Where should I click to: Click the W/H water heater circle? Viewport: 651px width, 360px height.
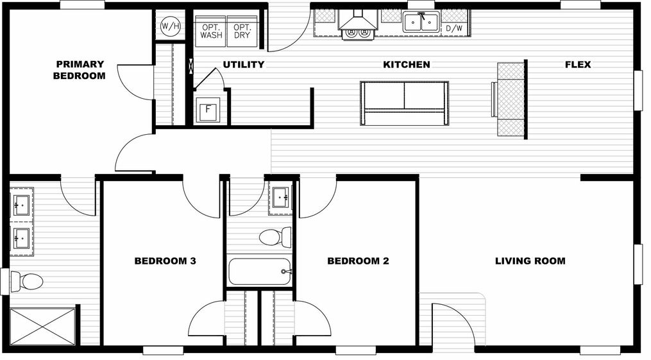[x=170, y=26]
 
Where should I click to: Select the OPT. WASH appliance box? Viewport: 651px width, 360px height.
[x=211, y=31]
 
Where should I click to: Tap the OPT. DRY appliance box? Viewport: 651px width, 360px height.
[x=242, y=31]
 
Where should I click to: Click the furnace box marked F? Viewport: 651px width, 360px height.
[x=208, y=110]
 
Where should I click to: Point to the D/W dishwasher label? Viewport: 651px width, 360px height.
[x=453, y=29]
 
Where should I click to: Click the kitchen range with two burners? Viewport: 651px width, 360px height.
[x=358, y=33]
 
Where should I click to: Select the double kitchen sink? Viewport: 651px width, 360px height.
[x=421, y=23]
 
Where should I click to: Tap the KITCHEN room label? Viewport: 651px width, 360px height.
[x=406, y=65]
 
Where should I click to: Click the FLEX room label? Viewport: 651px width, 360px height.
[x=577, y=65]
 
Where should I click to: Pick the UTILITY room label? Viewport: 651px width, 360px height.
[x=243, y=65]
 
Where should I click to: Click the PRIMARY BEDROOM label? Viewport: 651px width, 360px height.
[x=80, y=70]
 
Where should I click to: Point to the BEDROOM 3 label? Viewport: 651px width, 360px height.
[x=165, y=261]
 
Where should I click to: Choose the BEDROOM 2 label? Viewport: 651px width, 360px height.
[x=358, y=261]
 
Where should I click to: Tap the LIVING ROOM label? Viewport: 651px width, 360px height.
[x=530, y=261]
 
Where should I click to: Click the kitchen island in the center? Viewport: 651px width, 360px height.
[x=404, y=103]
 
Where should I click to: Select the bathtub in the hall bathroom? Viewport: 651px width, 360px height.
[x=260, y=271]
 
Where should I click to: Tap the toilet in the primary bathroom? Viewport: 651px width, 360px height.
[x=27, y=281]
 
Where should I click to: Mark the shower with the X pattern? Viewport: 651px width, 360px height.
[x=43, y=326]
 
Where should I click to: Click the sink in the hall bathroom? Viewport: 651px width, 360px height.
[x=282, y=198]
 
